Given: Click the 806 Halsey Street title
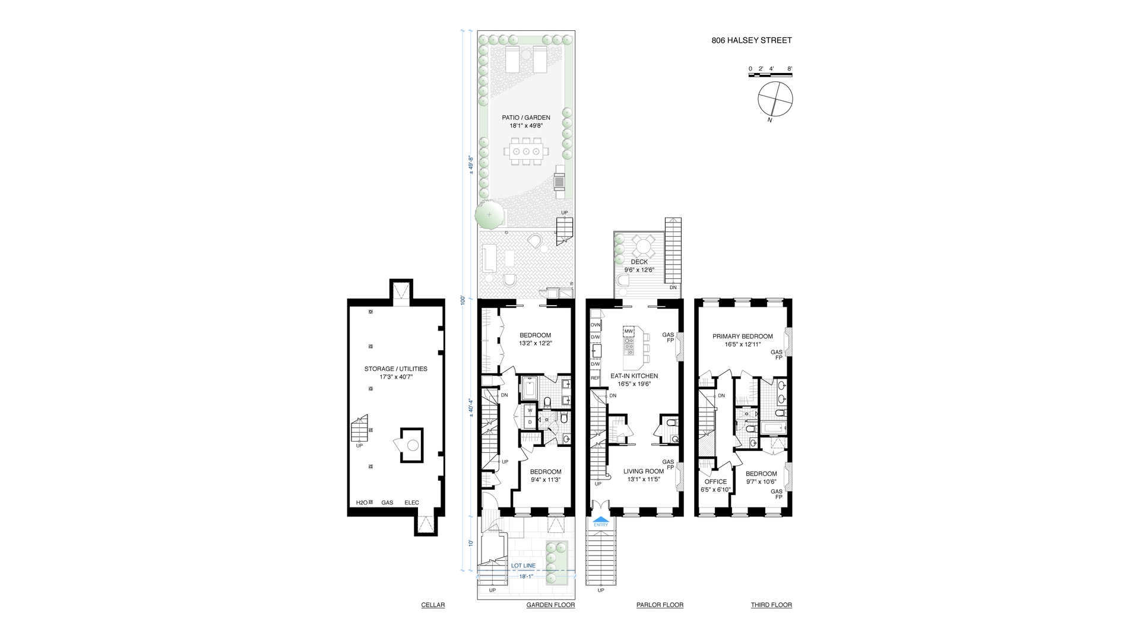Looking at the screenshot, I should pyautogui.click(x=751, y=41).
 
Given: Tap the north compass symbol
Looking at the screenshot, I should pyautogui.click(x=775, y=99).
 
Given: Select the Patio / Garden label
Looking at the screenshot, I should pyautogui.click(x=525, y=118).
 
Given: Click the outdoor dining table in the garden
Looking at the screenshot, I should pyautogui.click(x=526, y=152).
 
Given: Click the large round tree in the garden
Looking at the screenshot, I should pyautogui.click(x=489, y=214).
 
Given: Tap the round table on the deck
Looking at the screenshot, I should pyautogui.click(x=641, y=245).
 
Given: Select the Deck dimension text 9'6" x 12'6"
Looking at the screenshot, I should pyautogui.click(x=639, y=270).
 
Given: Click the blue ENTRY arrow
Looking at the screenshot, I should pyautogui.click(x=601, y=521).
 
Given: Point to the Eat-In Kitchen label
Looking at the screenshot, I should pyautogui.click(x=634, y=376).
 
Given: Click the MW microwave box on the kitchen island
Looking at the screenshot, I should pyautogui.click(x=628, y=331).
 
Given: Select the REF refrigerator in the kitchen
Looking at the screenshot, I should pyautogui.click(x=595, y=378).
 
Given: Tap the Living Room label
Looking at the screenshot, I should pyautogui.click(x=643, y=472).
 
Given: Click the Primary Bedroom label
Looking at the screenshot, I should pyautogui.click(x=742, y=337).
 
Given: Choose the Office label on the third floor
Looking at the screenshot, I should pyautogui.click(x=715, y=482).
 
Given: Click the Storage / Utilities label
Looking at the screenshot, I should pyautogui.click(x=395, y=369).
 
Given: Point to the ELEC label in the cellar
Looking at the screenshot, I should pyautogui.click(x=411, y=503).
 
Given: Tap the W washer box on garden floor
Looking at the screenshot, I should pyautogui.click(x=530, y=410).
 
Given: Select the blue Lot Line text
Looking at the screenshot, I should pyautogui.click(x=523, y=566).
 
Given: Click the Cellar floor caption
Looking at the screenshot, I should pyautogui.click(x=432, y=605).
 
